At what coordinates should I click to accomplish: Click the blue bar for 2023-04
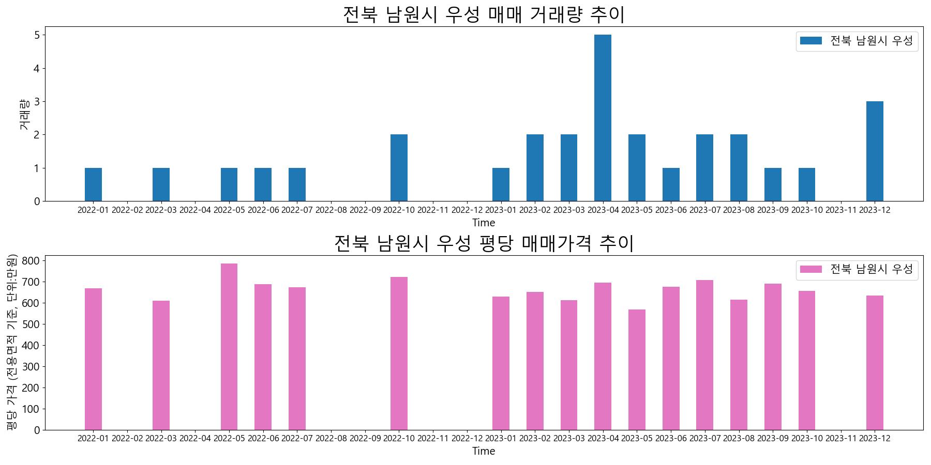tap(603, 118)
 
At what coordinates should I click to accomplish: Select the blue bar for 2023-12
tap(875, 151)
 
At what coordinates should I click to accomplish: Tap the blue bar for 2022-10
tap(399, 168)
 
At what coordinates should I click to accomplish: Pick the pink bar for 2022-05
tap(229, 347)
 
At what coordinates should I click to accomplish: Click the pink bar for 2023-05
tap(637, 369)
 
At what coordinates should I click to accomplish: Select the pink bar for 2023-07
tap(704, 355)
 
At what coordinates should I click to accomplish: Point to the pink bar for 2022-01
tap(93, 359)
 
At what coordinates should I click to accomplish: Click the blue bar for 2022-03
tap(161, 184)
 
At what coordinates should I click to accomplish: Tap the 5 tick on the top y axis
tap(37, 35)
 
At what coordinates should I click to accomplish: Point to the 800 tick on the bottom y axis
tap(31, 261)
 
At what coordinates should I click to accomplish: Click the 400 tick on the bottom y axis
tap(31, 346)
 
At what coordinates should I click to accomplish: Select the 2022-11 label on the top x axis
tap(433, 210)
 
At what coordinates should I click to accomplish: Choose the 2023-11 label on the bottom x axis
tap(840, 439)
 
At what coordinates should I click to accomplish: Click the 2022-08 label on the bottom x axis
tap(331, 439)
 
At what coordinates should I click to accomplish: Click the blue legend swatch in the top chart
tap(810, 41)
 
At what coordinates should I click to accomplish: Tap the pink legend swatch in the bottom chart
tap(810, 269)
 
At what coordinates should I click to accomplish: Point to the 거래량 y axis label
tap(24, 114)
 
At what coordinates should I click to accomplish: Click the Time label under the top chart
tap(484, 223)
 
